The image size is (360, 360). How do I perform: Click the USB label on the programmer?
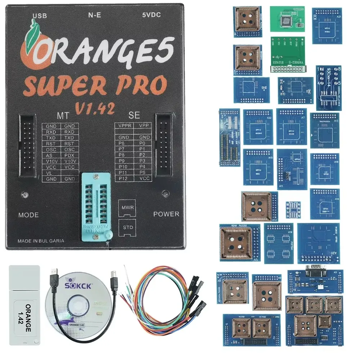tap(40, 15)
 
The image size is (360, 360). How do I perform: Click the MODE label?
tap(28, 215)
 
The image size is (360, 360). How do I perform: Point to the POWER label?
tap(166, 214)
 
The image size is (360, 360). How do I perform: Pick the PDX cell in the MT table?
tap(69, 155)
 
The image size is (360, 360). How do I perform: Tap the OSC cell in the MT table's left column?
tap(51, 149)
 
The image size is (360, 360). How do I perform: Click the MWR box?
tap(126, 208)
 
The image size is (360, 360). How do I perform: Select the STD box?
tap(126, 227)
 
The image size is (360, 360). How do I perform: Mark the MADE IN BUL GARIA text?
tap(41, 241)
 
